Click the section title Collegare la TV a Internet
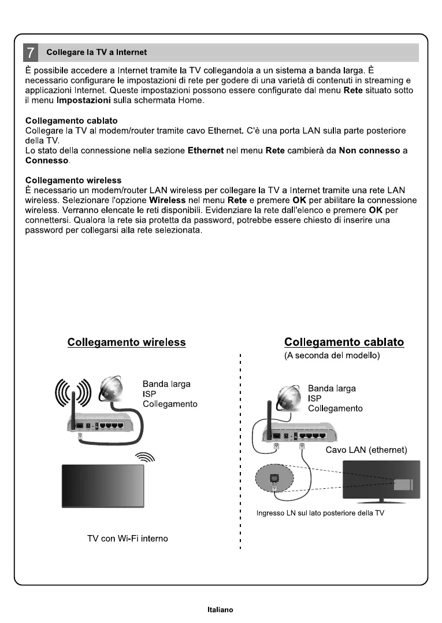[x=96, y=53]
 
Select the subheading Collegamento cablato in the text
[x=72, y=121]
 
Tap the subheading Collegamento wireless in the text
[x=73, y=180]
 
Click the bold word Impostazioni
[x=79, y=101]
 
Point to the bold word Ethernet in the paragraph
[x=206, y=150]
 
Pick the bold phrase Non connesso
[x=370, y=150]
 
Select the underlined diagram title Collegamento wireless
[x=127, y=342]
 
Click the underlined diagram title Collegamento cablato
[x=344, y=342]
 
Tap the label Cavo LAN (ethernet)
[x=367, y=450]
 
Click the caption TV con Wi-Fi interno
[x=127, y=539]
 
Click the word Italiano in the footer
[x=220, y=610]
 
